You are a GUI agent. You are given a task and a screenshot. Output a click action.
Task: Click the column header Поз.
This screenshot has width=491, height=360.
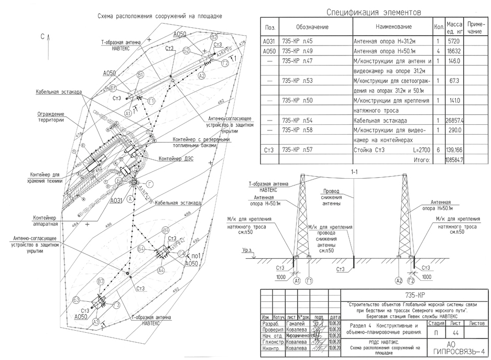271,27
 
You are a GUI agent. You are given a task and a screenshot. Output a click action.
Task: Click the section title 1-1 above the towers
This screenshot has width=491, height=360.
354,171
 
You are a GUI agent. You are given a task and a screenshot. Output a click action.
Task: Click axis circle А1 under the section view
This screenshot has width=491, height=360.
297,281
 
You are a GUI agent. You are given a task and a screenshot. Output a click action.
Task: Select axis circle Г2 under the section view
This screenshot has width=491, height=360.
412,281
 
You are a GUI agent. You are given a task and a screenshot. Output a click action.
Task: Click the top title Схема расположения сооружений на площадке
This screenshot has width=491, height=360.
160,16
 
